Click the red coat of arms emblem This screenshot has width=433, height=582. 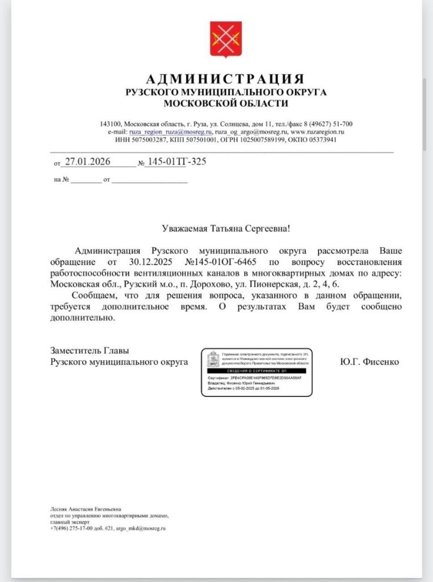coord(226,39)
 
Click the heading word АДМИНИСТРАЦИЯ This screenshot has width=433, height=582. coord(226,78)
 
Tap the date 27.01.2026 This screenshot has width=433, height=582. coord(88,161)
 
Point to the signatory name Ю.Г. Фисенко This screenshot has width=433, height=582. coord(369,362)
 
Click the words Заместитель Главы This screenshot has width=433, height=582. coord(90,351)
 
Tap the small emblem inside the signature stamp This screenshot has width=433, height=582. coord(213,360)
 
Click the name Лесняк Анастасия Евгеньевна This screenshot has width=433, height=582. coord(86,509)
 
